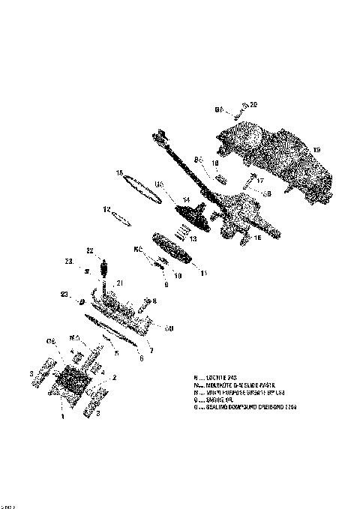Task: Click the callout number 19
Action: pos(316,150)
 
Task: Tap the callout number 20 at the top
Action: pos(253,104)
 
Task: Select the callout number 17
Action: pos(261,180)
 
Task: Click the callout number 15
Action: pos(119,173)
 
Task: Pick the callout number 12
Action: pos(106,209)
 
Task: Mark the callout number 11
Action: pos(203,274)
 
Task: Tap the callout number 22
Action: pos(89,250)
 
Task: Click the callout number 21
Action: pos(119,283)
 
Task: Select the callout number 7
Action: pos(151,350)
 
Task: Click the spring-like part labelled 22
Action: pos(104,267)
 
